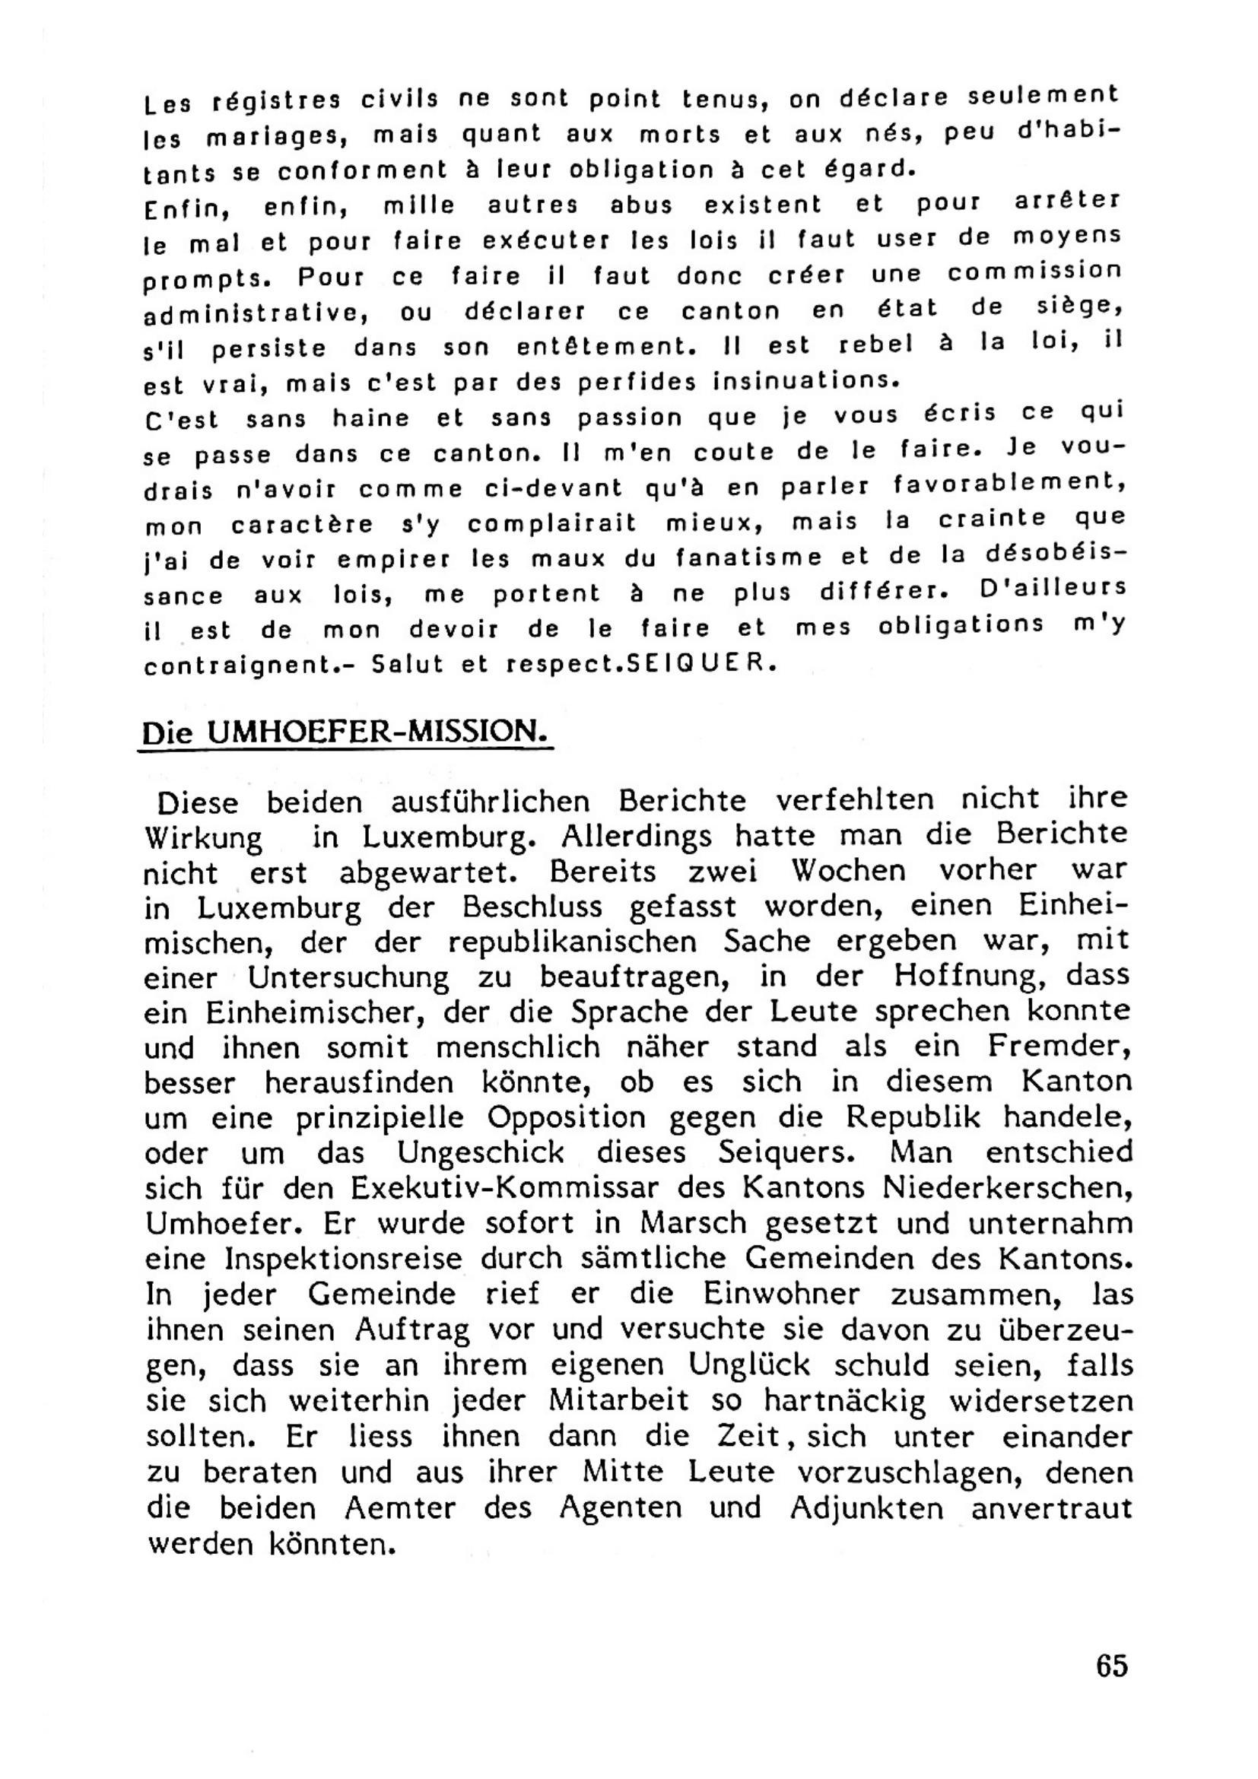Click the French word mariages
pyautogui.click(x=275, y=137)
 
